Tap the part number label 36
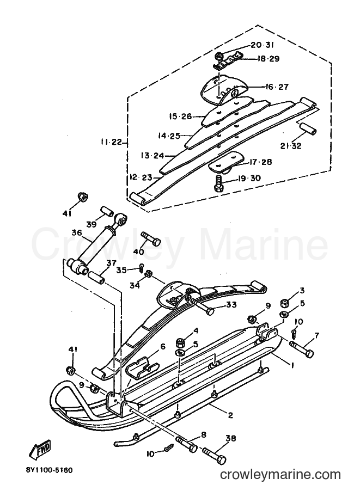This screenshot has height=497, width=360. [x=77, y=234]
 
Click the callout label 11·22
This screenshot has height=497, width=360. [x=112, y=142]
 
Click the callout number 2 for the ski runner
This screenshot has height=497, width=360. [x=230, y=415]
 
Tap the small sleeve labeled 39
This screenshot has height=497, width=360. [x=107, y=211]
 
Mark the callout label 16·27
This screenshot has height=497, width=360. [x=278, y=87]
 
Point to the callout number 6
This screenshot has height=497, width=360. [x=163, y=347]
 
